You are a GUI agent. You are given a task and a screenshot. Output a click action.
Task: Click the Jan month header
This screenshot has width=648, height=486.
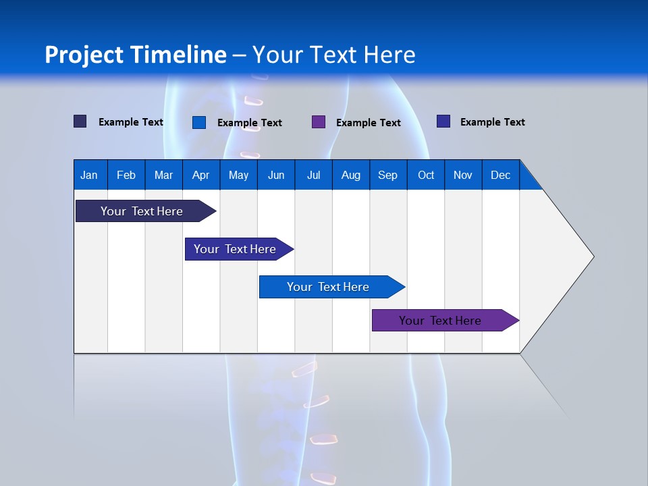click(x=89, y=175)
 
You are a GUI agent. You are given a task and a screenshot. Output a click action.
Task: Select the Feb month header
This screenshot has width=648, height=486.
click(x=126, y=175)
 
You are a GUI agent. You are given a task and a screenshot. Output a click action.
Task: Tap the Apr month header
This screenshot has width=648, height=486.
click(x=200, y=175)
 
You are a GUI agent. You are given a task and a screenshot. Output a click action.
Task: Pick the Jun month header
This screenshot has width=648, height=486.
click(x=276, y=175)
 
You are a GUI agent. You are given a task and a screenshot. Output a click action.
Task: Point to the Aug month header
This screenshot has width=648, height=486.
click(x=351, y=175)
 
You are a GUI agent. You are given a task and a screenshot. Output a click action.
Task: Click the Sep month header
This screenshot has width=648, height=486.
click(x=387, y=175)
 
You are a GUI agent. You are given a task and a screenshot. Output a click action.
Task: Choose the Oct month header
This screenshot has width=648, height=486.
click(x=426, y=175)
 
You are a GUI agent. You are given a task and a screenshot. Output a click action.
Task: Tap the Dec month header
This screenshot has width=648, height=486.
click(x=500, y=175)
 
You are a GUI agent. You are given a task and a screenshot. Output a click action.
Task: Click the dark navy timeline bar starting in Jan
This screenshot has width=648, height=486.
click(x=142, y=211)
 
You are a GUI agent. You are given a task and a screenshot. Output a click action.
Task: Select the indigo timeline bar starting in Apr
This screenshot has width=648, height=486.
click(x=235, y=249)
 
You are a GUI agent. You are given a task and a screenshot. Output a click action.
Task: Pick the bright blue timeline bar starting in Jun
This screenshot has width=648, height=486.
click(x=328, y=287)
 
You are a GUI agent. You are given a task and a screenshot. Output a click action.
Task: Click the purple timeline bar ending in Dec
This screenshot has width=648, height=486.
click(x=440, y=321)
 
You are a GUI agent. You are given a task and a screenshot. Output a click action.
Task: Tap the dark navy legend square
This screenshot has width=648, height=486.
click(x=80, y=122)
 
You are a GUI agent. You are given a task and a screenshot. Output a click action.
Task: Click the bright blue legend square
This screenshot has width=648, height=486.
click(x=199, y=122)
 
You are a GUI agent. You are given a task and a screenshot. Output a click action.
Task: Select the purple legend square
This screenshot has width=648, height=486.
click(x=319, y=122)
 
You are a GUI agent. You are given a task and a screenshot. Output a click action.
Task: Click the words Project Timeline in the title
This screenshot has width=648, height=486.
click(x=136, y=55)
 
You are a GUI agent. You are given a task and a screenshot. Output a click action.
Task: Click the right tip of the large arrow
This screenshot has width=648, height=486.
click(x=592, y=256)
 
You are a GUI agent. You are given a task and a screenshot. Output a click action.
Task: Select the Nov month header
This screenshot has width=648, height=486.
click(x=463, y=175)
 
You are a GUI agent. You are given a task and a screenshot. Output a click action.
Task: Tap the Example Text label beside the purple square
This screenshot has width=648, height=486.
click(x=369, y=123)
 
